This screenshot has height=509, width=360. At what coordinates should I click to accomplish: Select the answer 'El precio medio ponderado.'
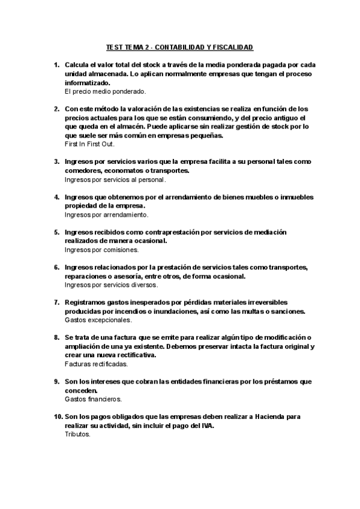pos(105,91)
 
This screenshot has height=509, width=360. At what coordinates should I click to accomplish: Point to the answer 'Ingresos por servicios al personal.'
pos(115,179)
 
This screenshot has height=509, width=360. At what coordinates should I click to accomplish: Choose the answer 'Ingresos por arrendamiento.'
pos(106,214)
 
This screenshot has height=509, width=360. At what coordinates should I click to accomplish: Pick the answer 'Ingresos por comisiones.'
pos(101,249)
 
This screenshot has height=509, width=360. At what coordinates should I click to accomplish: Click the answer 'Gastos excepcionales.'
pos(98,320)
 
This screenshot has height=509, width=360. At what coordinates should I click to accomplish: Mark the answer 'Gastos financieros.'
pos(93,399)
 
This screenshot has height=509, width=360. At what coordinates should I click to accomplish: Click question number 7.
pos(57,302)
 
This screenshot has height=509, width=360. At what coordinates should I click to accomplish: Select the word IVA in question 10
pos(207,425)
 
